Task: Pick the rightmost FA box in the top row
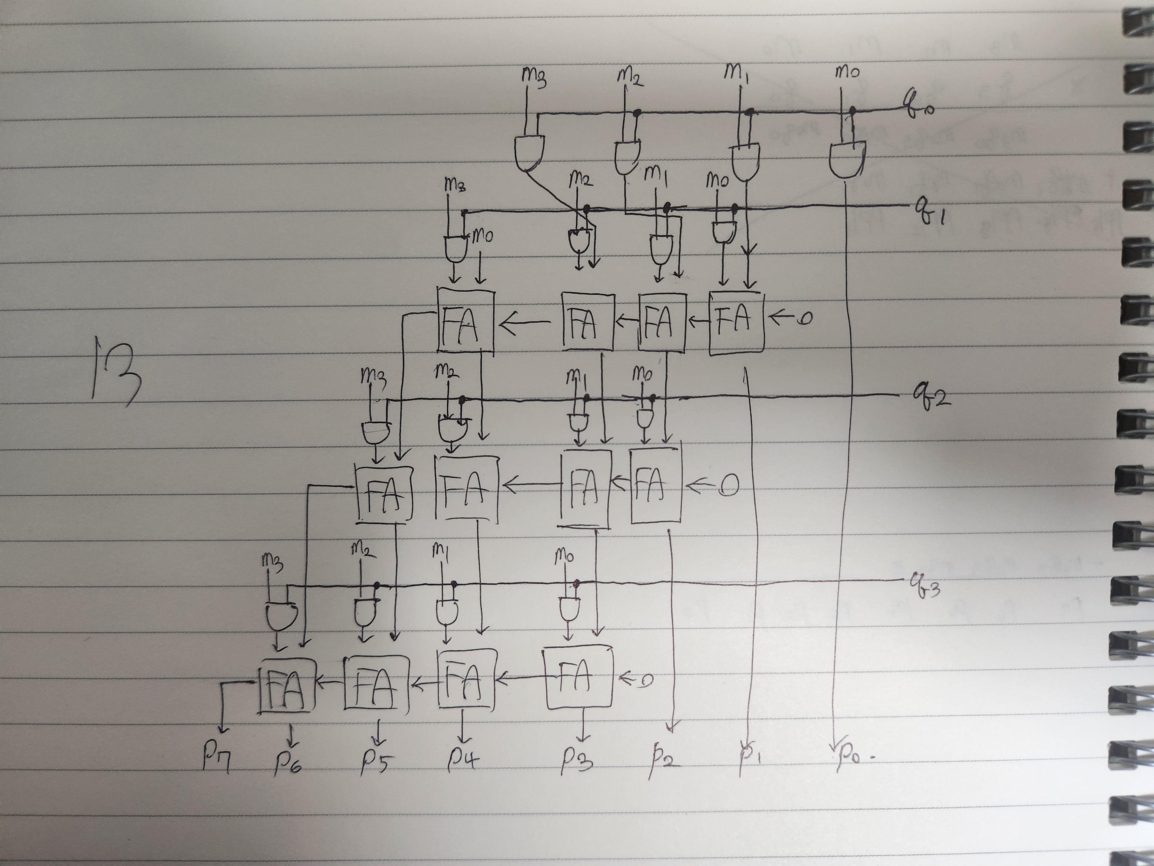pos(736,323)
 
